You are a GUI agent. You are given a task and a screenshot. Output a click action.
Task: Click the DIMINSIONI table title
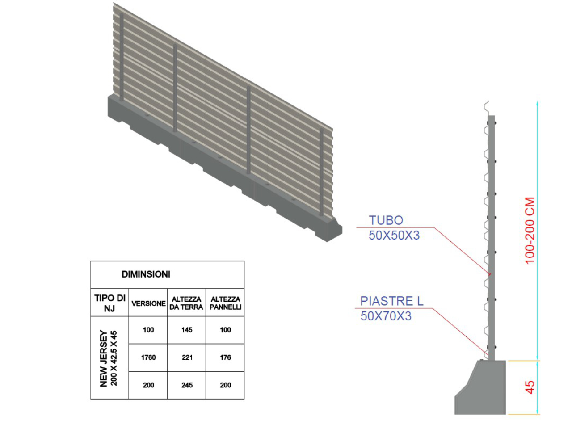[146, 274]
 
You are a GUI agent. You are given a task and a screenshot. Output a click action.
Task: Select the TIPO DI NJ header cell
[110, 303]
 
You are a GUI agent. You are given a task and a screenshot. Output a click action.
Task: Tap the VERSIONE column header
[148, 303]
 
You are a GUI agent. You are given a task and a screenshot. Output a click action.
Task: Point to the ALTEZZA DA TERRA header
[186, 303]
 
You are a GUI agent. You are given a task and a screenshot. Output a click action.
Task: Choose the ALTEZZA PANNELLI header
[225, 303]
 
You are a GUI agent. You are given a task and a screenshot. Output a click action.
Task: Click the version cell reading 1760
[148, 357]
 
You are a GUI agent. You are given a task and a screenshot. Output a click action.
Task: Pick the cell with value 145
[187, 330]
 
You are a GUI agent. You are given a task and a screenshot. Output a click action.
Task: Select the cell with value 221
[187, 357]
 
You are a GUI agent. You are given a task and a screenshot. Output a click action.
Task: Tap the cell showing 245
[187, 385]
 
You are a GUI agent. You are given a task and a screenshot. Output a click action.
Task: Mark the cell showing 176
[225, 357]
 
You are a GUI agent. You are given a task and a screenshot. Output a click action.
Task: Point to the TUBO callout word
[386, 220]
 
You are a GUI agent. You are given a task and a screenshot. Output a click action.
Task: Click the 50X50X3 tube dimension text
[394, 236]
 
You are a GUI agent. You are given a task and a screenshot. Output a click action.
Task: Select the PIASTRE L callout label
[391, 301]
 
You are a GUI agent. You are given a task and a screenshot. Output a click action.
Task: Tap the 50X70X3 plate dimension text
[386, 316]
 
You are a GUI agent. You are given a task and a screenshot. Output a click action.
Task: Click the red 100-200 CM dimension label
[530, 231]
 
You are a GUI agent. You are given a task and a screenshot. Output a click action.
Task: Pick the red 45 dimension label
[530, 387]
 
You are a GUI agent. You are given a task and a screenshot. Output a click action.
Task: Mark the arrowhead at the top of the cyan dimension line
[537, 103]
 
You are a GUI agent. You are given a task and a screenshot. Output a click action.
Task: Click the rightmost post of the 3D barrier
[322, 172]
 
